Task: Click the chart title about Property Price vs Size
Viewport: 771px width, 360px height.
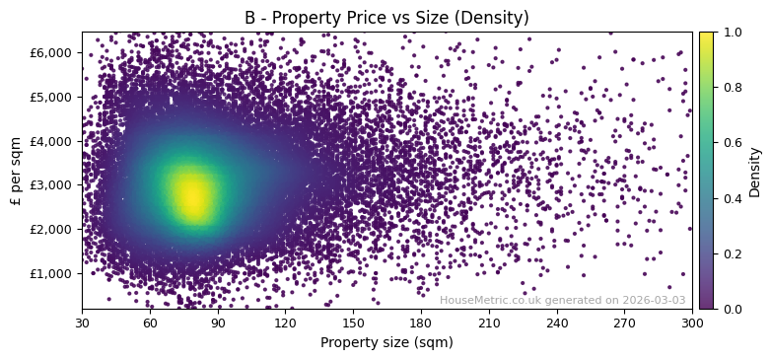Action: [x=386, y=18]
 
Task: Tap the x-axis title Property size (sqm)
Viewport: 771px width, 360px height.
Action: [x=386, y=343]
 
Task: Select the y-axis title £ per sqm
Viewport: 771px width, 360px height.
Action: [x=16, y=171]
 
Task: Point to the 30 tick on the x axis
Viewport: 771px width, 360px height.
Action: [x=82, y=323]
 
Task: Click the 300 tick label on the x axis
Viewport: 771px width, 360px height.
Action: [x=692, y=323]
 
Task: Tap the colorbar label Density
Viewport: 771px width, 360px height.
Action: [x=755, y=171]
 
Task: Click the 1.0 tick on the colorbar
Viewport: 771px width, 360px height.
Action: [x=730, y=33]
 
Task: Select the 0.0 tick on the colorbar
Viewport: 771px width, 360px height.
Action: [x=730, y=309]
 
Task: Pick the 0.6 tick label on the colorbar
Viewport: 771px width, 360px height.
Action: [x=730, y=143]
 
